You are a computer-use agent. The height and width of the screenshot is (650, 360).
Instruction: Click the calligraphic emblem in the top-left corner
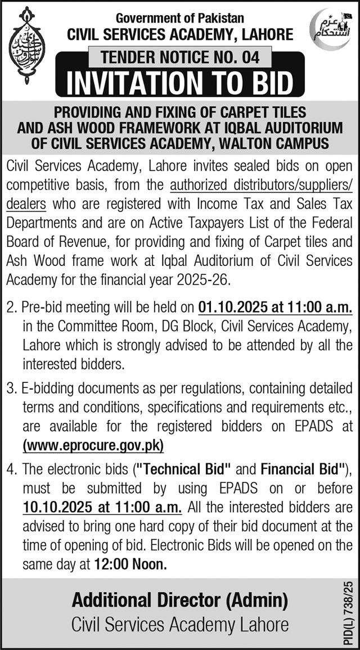coord(25,46)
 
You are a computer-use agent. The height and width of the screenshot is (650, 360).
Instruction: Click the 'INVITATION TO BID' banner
coord(180,82)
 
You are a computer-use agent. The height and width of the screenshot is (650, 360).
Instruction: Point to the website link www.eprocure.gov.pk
coord(93,446)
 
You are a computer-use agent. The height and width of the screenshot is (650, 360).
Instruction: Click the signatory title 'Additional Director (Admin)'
coord(180,601)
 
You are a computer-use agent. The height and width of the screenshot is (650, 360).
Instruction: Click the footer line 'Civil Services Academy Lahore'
coord(180,625)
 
